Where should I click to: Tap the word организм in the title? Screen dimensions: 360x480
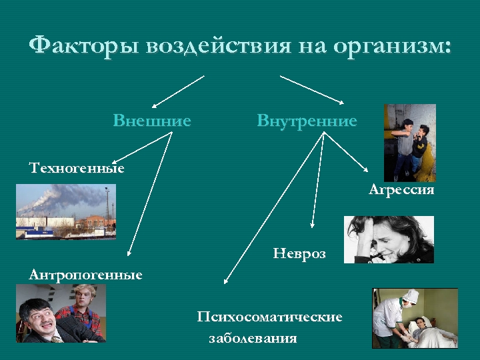coord(391,47)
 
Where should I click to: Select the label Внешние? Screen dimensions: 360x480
coord(152,121)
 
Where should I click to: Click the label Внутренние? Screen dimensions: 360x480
coord(307,121)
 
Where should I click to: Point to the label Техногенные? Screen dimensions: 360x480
coord(77,168)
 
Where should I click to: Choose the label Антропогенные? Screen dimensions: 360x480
coord(85,275)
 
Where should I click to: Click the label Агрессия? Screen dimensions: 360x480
coord(401,191)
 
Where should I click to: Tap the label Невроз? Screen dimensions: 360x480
coord(299,254)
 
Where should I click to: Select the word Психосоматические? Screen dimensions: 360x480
coord(269,317)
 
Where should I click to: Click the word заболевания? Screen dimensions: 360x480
coord(253,338)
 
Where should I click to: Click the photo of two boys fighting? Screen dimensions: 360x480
coord(410,142)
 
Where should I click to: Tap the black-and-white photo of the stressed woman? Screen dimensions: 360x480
coord(389,239)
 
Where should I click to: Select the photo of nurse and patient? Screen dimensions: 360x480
coord(415,317)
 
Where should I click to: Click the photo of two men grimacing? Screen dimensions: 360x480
coord(61,313)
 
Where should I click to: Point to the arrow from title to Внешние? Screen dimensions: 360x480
coord(177,91)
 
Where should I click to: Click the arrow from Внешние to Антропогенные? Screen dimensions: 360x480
coord(151,193)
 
